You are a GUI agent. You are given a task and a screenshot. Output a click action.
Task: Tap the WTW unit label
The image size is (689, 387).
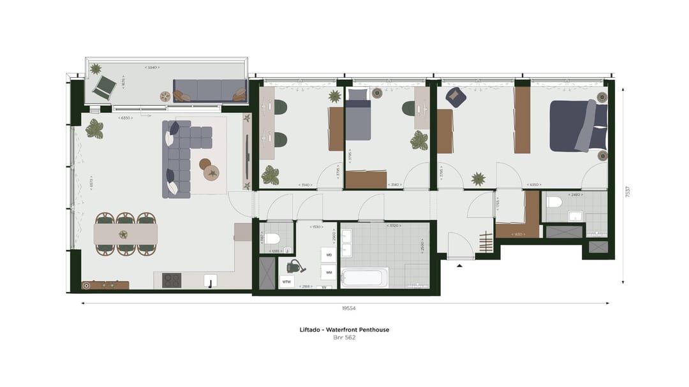pos(286,281)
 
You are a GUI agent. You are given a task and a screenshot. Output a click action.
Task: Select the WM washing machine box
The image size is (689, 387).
pos(329,272)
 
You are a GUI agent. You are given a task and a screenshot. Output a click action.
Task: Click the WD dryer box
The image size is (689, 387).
pos(329,255)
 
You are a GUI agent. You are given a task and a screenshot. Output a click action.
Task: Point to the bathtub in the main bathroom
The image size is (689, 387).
pos(364,277)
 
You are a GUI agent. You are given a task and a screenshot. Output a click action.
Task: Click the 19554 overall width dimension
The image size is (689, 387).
pos(348,308)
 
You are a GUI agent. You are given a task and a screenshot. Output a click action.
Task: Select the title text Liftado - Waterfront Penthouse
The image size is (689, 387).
pos(344,330)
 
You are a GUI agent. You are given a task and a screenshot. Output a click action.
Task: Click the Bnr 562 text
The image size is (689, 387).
pos(344,338)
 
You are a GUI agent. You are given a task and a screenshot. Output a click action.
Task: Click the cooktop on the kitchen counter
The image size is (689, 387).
pos(171,280)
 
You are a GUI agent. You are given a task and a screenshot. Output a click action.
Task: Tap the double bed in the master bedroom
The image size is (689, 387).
pos(578,126)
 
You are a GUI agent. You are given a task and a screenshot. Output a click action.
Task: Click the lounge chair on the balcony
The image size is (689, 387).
pos(104,86)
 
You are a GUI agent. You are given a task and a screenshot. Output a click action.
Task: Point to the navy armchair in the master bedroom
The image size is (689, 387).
pos(456,96)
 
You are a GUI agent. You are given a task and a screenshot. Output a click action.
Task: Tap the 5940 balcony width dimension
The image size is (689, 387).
pos(151,67)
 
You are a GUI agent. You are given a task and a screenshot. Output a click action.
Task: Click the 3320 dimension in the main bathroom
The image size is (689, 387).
pos(393,226)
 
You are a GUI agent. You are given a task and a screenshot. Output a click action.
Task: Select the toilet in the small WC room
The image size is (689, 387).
pos(273,239)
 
